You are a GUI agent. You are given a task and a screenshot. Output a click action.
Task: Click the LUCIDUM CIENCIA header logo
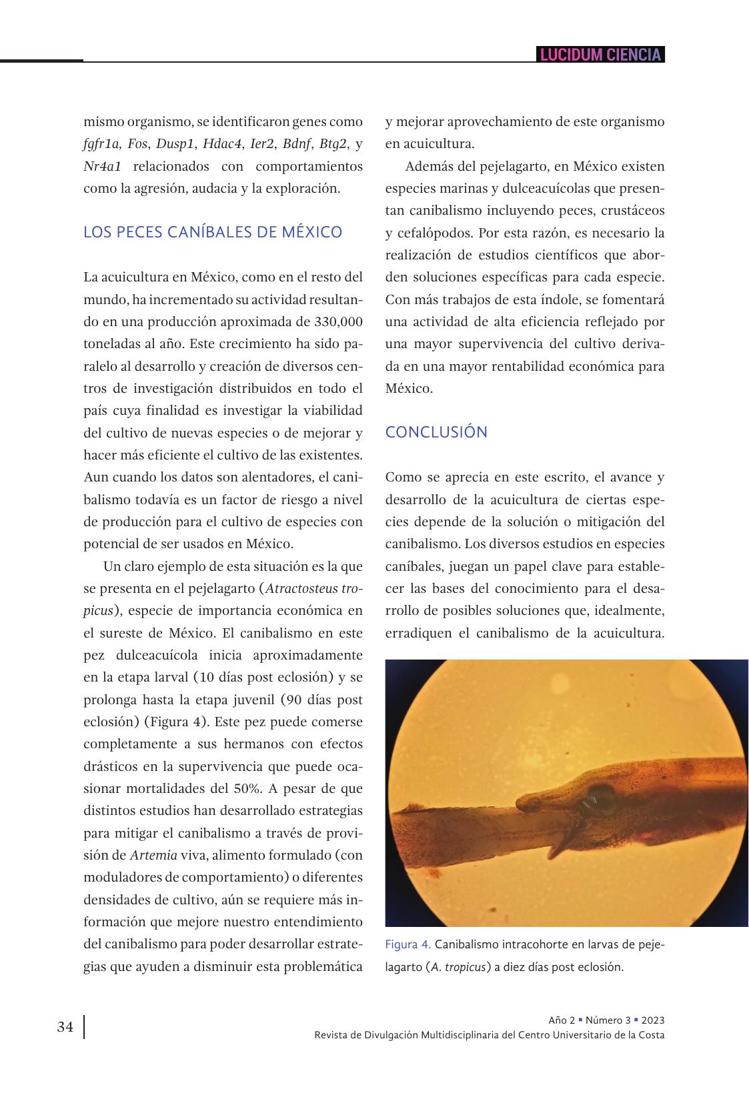[600, 55]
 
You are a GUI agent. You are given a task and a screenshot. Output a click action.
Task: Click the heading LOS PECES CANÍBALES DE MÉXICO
[212, 232]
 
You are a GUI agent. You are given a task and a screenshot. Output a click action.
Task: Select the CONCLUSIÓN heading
[436, 432]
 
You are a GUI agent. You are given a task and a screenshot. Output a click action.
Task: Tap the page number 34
[65, 1027]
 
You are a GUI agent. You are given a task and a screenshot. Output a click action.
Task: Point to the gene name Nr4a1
[102, 166]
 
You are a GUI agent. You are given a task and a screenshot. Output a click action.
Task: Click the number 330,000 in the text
[337, 321]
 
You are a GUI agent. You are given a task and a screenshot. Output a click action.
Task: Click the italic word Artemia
[153, 855]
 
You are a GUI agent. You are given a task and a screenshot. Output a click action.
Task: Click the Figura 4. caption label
[408, 945]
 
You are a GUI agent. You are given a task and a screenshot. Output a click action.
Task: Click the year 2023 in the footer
[652, 1020]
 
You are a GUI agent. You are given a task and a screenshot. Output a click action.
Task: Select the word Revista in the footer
[332, 1036]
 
